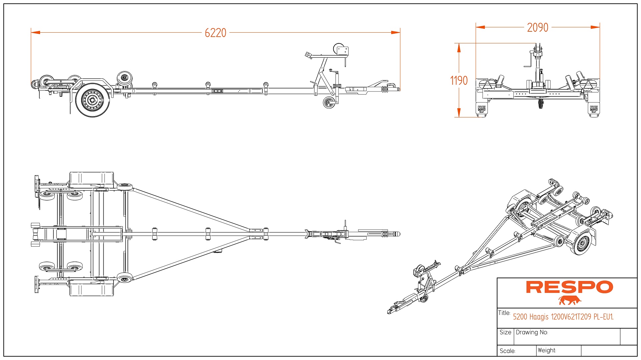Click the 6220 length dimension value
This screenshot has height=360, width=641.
pos(215,33)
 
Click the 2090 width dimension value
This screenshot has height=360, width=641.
pos(538,27)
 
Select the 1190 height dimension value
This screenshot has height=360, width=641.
pos(459,80)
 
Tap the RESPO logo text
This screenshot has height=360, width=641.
pos(569,287)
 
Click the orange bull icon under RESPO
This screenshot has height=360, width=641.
pos(570,300)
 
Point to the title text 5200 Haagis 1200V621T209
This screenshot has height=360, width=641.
pos(563,317)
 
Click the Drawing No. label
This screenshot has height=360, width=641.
pos(532,332)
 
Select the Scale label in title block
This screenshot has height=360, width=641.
pos(507,351)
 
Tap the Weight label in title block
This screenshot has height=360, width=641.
pos(547,350)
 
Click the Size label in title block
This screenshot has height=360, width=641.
pos(505,332)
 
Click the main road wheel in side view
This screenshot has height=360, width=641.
pos(92,100)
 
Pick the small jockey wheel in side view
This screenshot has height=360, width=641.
pos(329,102)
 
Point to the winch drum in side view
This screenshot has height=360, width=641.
pos(339,49)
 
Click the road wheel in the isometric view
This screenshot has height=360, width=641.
pos(582,243)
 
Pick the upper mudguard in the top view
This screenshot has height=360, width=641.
pos(91,178)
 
